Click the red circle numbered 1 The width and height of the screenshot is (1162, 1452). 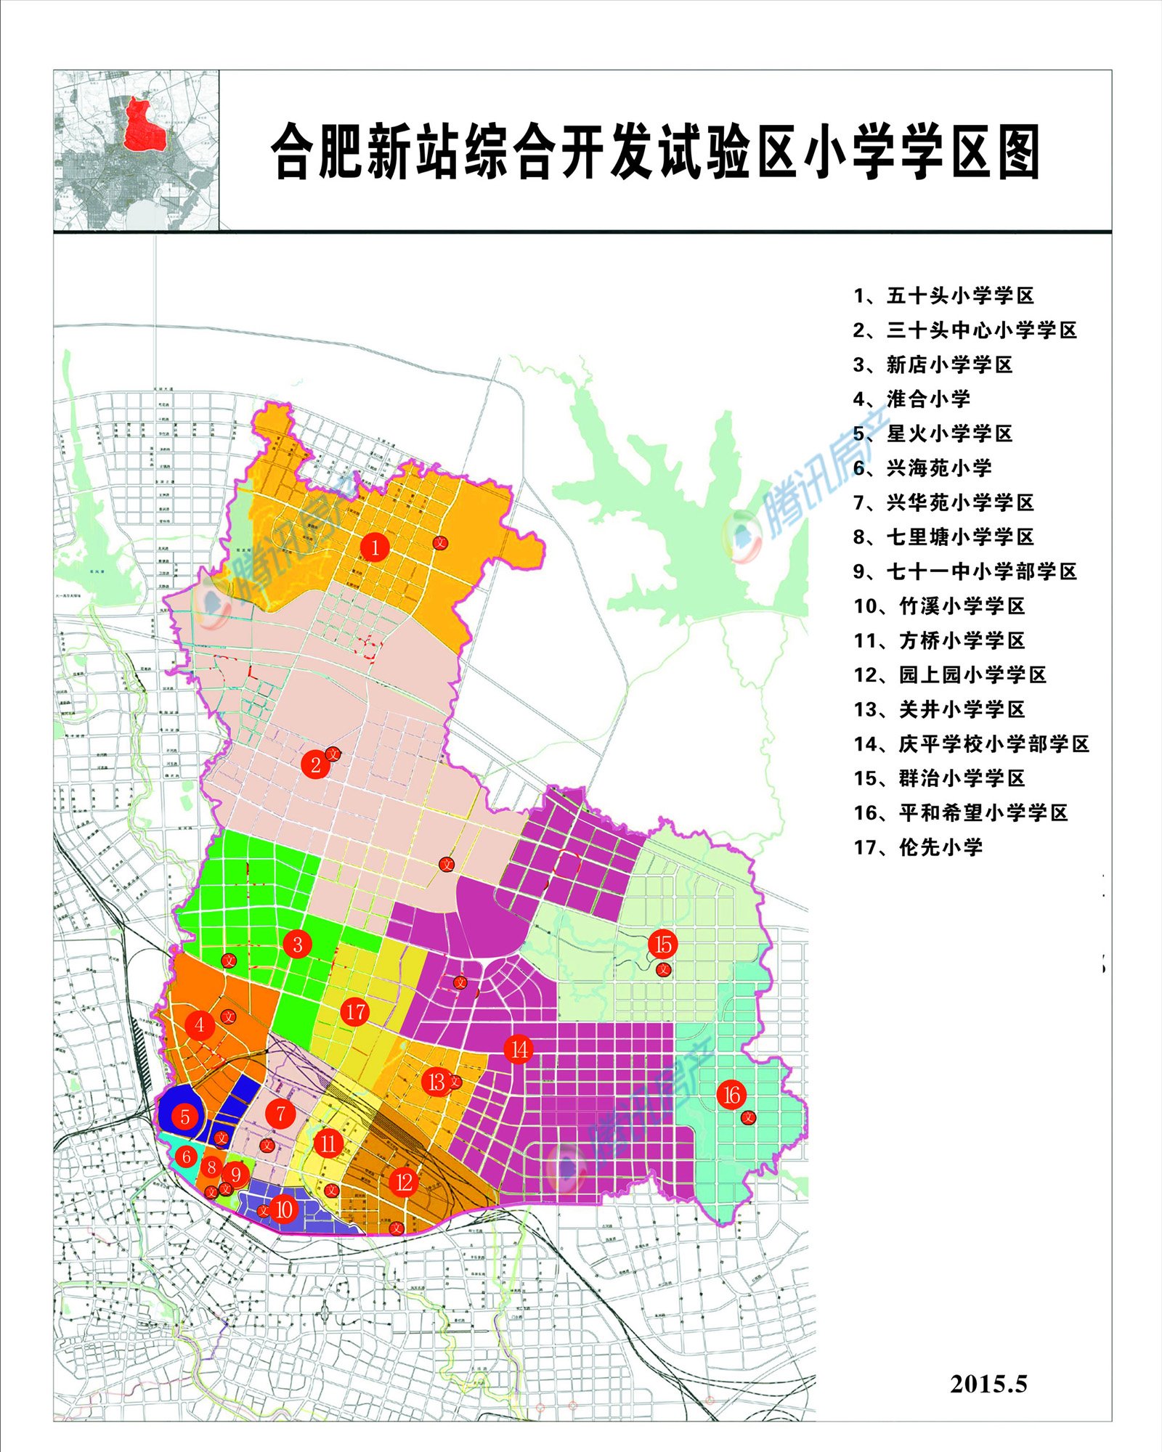(375, 547)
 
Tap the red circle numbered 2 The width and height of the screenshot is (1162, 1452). (315, 764)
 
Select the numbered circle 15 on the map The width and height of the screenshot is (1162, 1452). (662, 944)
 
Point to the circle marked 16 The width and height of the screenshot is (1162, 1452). (731, 1095)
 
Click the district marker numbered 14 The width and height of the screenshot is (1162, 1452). (519, 1049)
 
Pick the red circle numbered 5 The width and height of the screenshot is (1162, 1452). (185, 1117)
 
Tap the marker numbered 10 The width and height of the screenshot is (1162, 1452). (283, 1210)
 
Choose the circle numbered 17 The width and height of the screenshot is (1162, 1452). (355, 1012)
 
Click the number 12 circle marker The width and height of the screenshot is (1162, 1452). (404, 1182)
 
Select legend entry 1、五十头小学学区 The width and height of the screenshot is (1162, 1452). (943, 296)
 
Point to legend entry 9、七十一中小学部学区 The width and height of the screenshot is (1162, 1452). (964, 572)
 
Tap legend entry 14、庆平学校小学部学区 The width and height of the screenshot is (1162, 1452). (971, 744)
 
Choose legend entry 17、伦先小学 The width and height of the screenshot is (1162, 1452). (918, 847)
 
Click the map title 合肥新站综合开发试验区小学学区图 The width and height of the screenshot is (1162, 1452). (655, 151)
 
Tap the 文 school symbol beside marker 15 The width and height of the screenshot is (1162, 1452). (663, 970)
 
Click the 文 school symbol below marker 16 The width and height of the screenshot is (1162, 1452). (748, 1118)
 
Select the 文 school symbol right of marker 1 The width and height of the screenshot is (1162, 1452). (440, 542)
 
